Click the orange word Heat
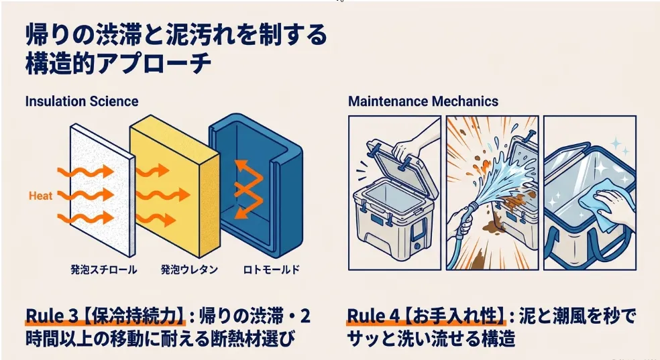(x=40, y=196)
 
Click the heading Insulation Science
(x=82, y=101)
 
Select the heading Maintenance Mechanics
(x=423, y=101)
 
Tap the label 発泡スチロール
(x=103, y=269)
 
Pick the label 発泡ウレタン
(x=189, y=269)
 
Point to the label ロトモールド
(x=272, y=269)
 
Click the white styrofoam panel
(x=102, y=190)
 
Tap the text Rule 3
(x=52, y=316)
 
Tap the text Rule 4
(x=373, y=316)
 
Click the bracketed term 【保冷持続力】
(x=131, y=316)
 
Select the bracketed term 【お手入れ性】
(x=453, y=316)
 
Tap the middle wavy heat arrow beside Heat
(x=86, y=195)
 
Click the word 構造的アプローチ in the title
(x=118, y=64)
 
